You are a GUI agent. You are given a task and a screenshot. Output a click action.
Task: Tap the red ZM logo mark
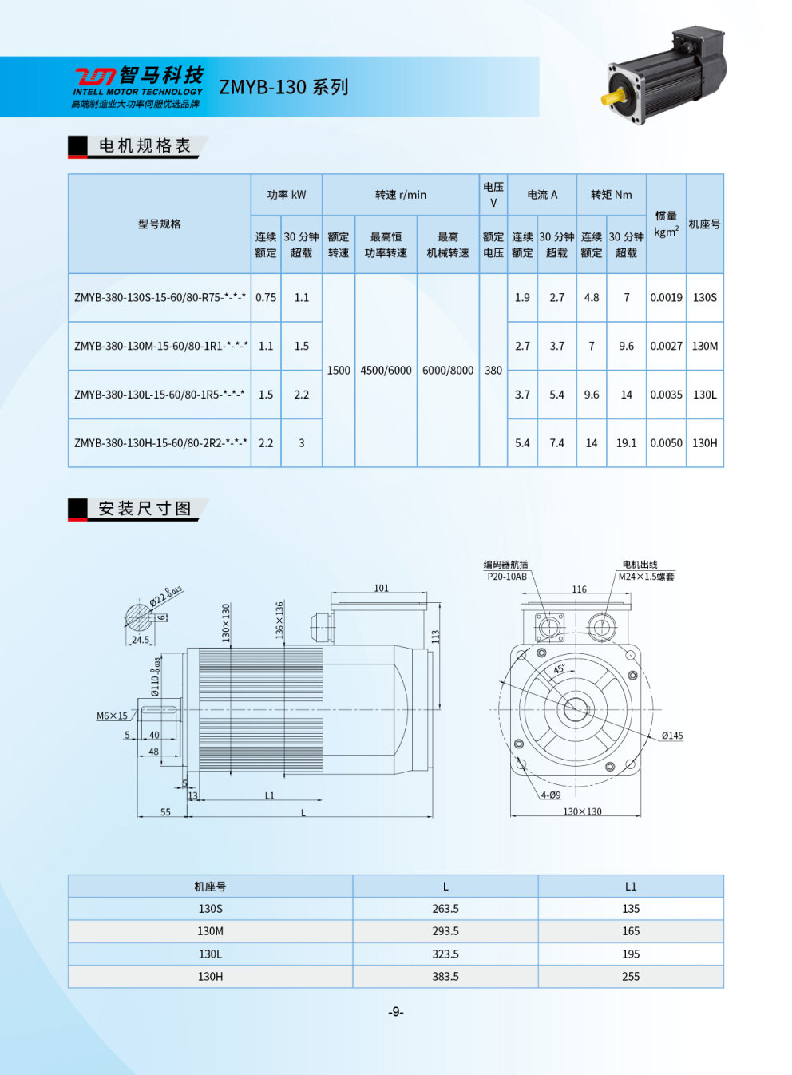[94, 77]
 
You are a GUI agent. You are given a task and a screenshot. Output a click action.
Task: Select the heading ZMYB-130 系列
[283, 87]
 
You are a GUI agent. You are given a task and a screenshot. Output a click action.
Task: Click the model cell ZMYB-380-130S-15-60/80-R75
[160, 298]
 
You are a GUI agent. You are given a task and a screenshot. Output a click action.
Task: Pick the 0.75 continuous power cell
[266, 298]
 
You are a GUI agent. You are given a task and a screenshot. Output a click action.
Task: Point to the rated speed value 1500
[339, 371]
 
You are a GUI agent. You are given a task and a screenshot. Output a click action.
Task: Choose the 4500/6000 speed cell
[386, 371]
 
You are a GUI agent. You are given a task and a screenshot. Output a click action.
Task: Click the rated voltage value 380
[493, 371]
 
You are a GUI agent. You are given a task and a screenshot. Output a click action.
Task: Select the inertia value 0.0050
[666, 443]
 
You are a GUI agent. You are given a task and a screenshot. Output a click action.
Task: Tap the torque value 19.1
[626, 443]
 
